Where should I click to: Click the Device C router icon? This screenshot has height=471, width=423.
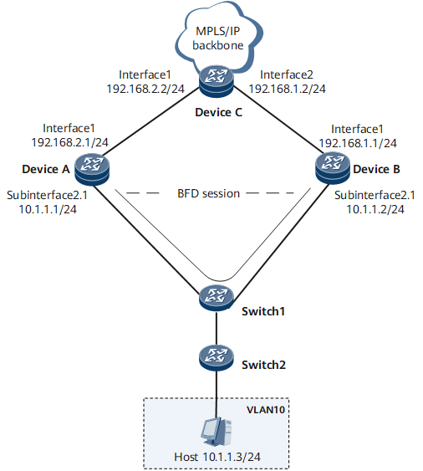(217, 81)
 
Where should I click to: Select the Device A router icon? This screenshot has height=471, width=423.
(92, 168)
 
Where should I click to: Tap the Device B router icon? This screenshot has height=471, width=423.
(333, 168)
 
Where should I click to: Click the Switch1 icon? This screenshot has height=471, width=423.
(217, 298)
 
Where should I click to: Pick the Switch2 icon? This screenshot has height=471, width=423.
(217, 357)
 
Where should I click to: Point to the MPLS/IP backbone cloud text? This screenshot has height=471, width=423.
(218, 38)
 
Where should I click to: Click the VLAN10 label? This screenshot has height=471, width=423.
(265, 410)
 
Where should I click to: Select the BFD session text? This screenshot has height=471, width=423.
(209, 193)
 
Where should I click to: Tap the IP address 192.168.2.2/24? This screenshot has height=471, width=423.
(145, 89)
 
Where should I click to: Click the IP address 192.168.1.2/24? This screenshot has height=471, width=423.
(288, 89)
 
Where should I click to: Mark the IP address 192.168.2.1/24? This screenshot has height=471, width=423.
(69, 142)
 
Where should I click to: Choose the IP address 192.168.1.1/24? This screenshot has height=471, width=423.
(358, 143)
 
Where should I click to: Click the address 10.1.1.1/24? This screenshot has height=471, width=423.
(48, 209)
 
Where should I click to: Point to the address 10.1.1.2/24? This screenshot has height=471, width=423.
(375, 209)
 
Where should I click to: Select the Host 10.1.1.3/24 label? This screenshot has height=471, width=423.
(217, 457)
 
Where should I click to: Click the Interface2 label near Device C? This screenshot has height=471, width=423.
(287, 74)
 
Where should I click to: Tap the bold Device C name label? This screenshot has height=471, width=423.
(218, 112)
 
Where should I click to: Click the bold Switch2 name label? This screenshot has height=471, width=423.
(263, 365)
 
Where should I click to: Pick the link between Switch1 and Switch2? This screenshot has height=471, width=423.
(217, 328)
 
